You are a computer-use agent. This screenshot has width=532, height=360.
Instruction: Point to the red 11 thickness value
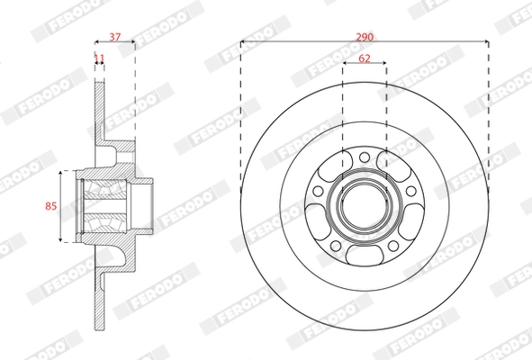(99, 58)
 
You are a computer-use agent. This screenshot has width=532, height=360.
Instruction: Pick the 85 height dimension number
(50, 206)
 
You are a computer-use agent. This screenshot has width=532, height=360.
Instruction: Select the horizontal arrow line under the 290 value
(297, 42)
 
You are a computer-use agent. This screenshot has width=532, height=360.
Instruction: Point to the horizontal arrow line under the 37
(115, 42)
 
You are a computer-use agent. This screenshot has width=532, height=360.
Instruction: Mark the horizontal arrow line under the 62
(365, 64)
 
